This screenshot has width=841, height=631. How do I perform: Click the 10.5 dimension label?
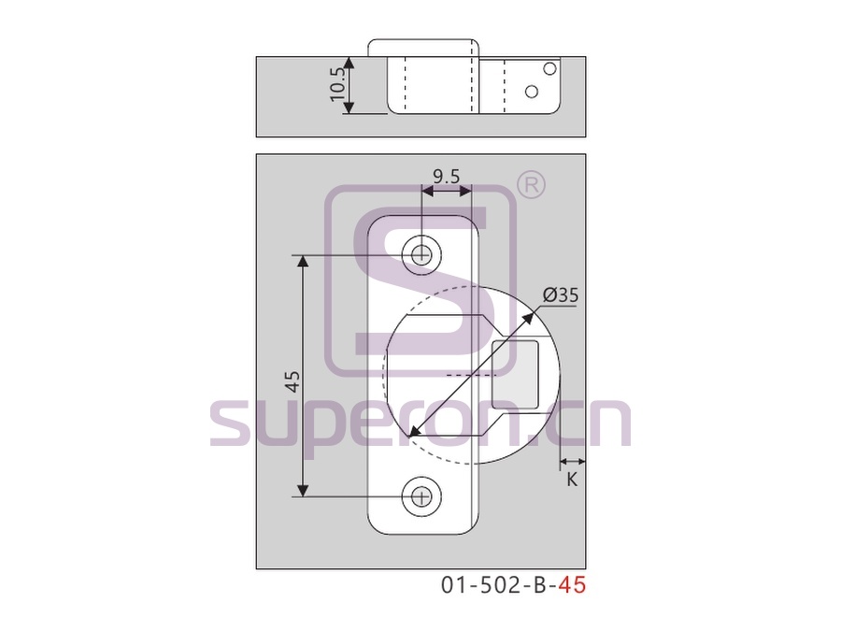(337, 84)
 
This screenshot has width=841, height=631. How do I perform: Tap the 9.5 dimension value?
(447, 176)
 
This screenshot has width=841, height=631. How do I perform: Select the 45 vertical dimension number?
(292, 381)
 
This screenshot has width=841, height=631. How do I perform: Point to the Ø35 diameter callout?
(561, 295)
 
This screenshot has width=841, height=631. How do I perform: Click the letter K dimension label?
(572, 480)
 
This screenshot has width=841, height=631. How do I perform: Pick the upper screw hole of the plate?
(422, 254)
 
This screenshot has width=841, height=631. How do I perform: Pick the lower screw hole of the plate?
(422, 497)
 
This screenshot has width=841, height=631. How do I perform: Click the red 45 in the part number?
(572, 585)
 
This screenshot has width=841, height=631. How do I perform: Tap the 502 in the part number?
(493, 585)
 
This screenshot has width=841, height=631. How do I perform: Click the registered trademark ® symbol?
(531, 185)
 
